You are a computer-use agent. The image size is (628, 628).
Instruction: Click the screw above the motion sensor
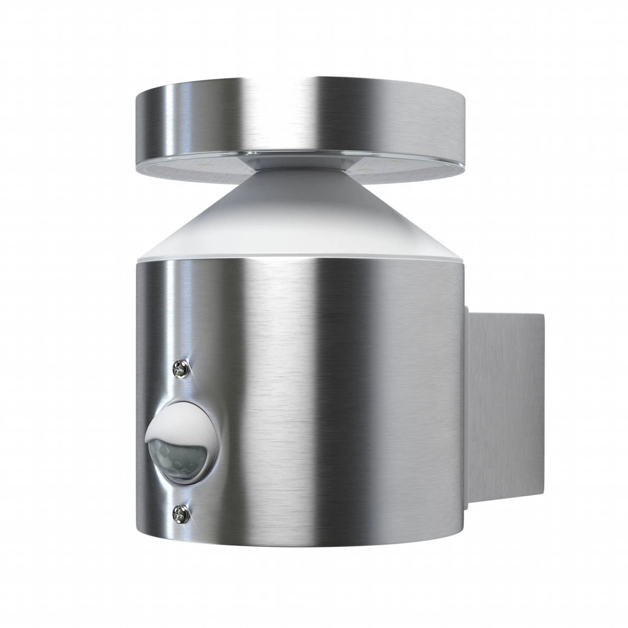click(181, 369)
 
